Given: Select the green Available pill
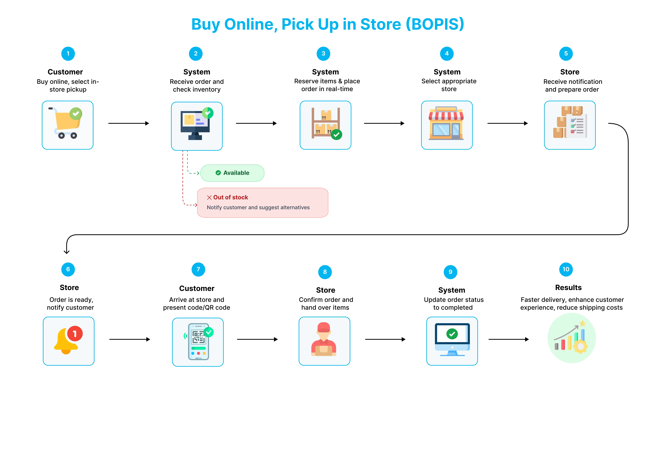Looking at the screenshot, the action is pyautogui.click(x=232, y=173).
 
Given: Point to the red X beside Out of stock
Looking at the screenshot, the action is pyautogui.click(x=209, y=197).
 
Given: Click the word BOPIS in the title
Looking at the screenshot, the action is pyautogui.click(x=435, y=24).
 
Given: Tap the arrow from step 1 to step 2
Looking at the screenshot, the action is pyautogui.click(x=129, y=123).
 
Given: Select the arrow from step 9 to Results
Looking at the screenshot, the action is pyautogui.click(x=509, y=339).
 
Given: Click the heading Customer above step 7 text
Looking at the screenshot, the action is pyautogui.click(x=197, y=288).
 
